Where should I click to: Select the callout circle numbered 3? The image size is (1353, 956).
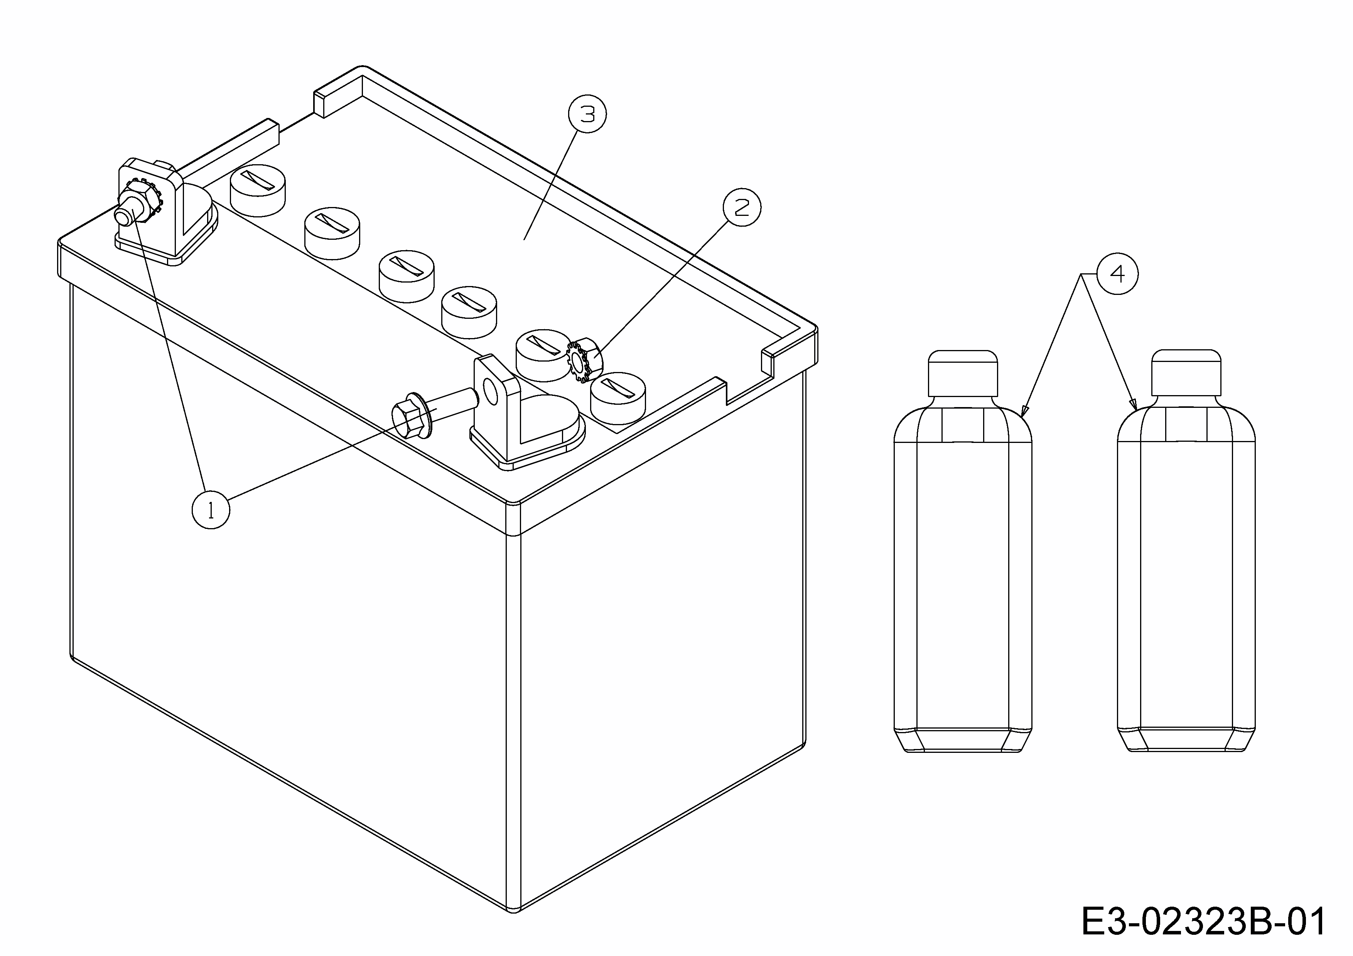587,114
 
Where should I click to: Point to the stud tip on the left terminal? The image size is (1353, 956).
125,217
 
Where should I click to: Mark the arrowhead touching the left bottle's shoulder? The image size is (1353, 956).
1024,411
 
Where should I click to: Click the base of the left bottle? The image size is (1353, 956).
963,741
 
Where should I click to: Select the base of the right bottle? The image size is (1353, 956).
1186,741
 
